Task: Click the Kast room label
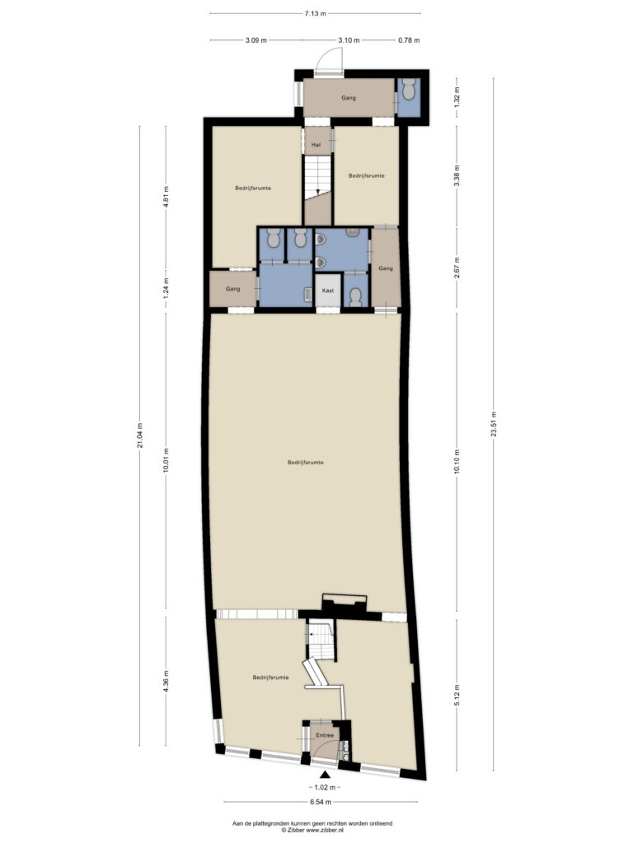tap(328, 291)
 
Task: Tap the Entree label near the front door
tap(325, 735)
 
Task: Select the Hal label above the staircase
tap(316, 144)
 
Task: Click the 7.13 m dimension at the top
tap(315, 14)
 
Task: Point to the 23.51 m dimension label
tap(493, 425)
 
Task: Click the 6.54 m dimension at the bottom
tap(320, 802)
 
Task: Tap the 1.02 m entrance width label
tap(324, 788)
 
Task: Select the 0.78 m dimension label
tap(409, 40)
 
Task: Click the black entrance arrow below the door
tap(325, 775)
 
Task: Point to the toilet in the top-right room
tap(409, 89)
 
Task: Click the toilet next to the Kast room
tap(355, 297)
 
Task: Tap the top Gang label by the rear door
tap(349, 98)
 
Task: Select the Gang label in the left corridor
tap(233, 289)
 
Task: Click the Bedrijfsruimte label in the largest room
tap(305, 463)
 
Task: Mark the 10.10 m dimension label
tap(457, 461)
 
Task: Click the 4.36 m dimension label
tap(166, 682)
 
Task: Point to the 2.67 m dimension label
tap(457, 268)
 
